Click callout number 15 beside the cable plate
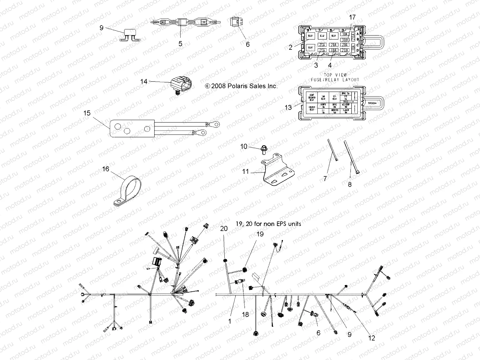click(x=87, y=113)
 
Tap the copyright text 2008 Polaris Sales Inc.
click(x=241, y=86)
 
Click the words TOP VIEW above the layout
click(x=335, y=75)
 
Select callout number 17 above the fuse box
click(x=352, y=17)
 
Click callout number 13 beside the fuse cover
click(x=288, y=107)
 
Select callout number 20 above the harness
click(x=223, y=229)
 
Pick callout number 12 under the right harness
click(x=371, y=338)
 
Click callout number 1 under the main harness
click(x=230, y=321)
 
